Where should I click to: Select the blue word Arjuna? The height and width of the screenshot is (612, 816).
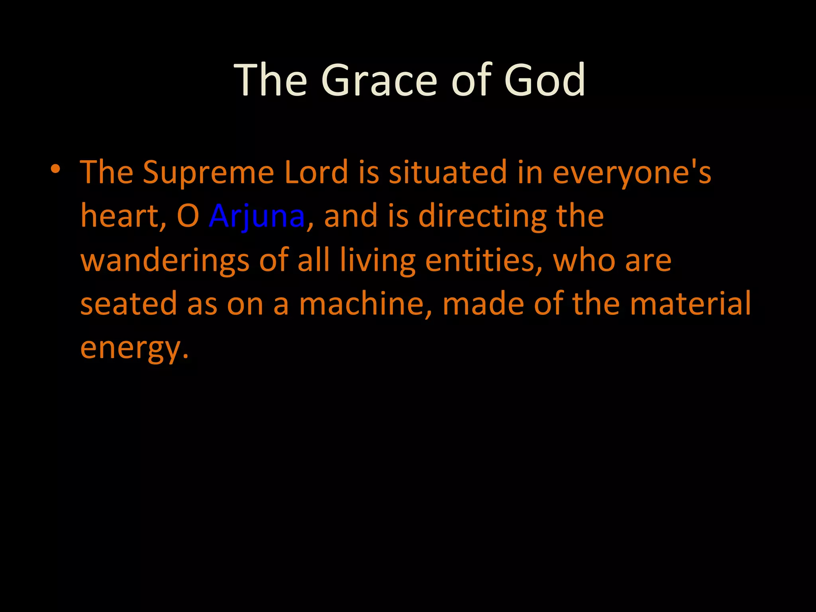(257, 216)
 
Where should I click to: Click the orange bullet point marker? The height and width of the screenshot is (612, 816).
(55, 169)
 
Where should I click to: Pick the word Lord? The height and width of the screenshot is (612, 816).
(316, 173)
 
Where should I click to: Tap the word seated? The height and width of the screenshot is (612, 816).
(128, 304)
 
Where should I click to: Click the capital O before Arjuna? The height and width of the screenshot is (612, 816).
(188, 216)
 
